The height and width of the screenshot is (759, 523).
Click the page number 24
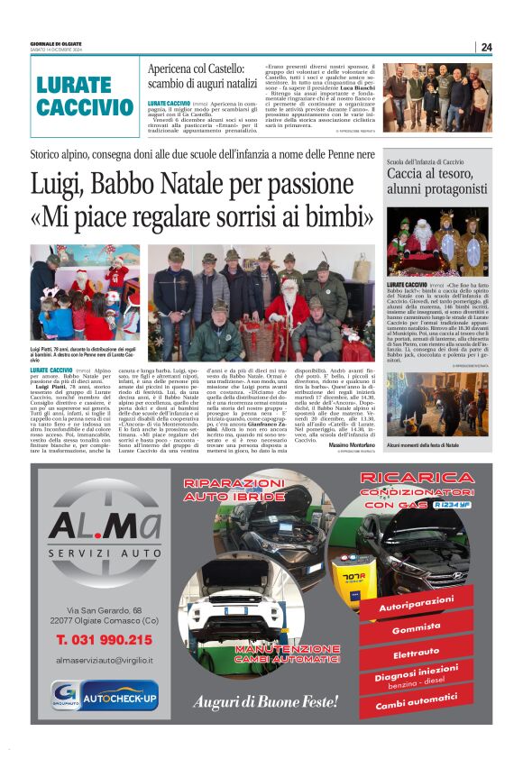tap(486, 47)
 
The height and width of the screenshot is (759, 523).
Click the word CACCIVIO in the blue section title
tap(86, 107)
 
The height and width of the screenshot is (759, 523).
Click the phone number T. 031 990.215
tap(104, 639)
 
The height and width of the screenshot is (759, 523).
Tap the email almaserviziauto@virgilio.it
tap(104, 661)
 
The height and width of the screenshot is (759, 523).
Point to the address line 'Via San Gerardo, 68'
tap(96, 610)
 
